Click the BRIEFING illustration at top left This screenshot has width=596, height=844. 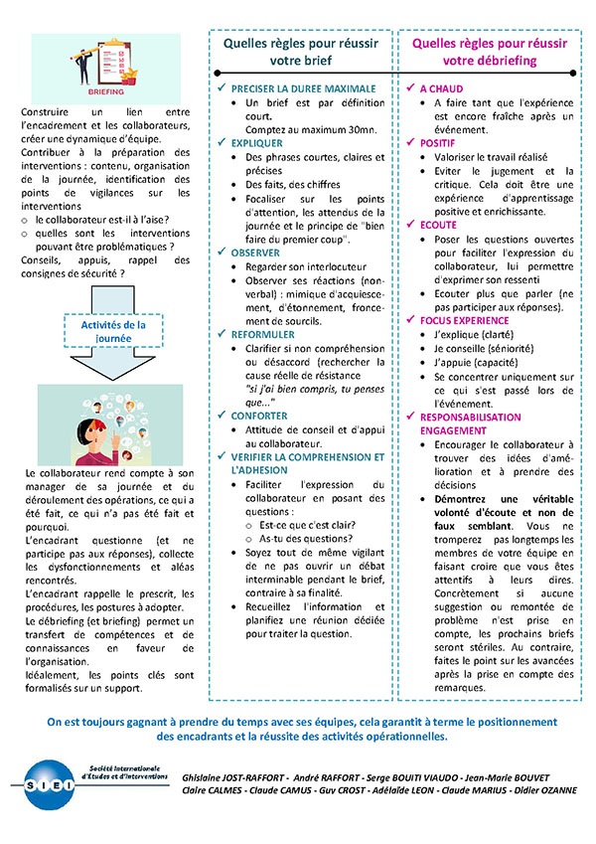(x=105, y=67)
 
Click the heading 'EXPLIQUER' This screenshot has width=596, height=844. (x=257, y=143)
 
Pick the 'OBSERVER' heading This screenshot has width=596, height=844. (x=255, y=253)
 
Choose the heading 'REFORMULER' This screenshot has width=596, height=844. (x=262, y=335)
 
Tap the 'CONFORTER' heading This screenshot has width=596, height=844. (x=259, y=416)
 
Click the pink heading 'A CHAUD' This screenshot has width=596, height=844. (x=441, y=88)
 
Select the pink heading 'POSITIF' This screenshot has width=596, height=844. (x=438, y=143)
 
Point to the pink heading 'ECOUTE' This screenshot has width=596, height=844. (x=438, y=226)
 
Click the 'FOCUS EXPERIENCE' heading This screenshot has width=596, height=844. (x=464, y=321)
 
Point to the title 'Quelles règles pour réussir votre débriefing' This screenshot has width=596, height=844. (x=490, y=52)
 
